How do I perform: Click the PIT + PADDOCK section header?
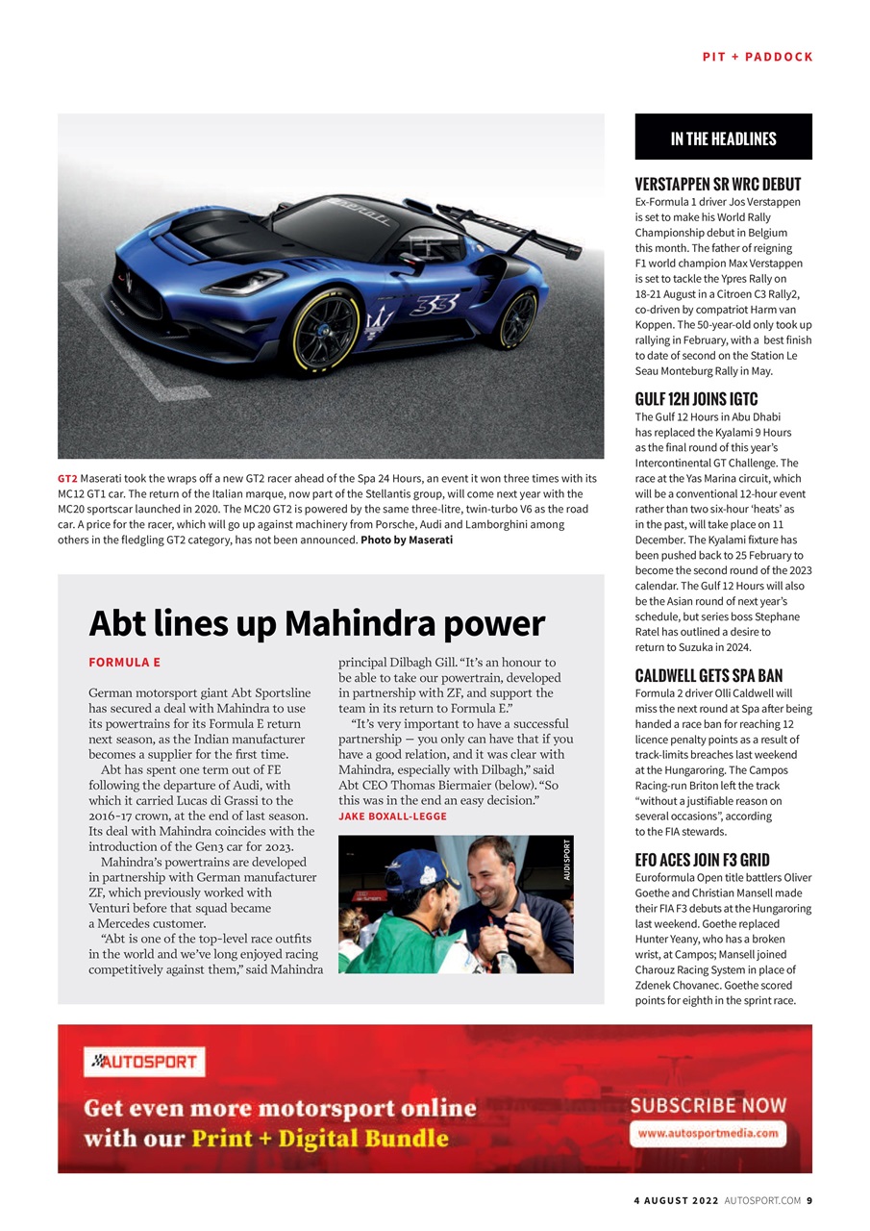coord(758,57)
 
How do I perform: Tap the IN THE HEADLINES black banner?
coord(723,138)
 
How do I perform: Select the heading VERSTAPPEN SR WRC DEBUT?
coord(717,184)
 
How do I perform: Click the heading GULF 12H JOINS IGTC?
coord(696,399)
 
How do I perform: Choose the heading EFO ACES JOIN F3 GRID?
coord(702,860)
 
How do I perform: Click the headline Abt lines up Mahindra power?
coord(316,624)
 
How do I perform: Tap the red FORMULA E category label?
coord(124,663)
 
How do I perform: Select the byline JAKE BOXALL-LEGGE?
coord(392,816)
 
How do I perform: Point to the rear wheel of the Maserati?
coord(517,318)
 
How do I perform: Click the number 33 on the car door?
coord(435,304)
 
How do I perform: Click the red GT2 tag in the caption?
coord(67,479)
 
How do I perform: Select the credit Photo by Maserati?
coord(406,540)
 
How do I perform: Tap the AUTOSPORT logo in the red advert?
coord(144,1062)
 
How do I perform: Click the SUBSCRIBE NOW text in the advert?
coord(708,1105)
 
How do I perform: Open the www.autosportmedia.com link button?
coord(708,1133)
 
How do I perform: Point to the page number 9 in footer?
coord(809,1200)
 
